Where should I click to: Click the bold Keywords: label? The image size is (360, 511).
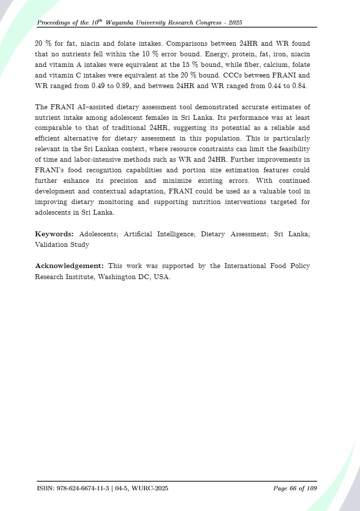coord(54,234)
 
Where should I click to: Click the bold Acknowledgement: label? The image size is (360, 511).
coord(70,266)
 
